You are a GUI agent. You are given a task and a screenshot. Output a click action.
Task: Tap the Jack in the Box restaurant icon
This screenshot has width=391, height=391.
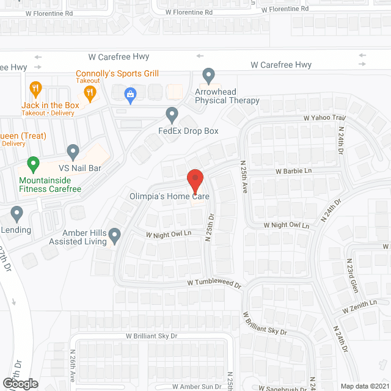click(x=35, y=89)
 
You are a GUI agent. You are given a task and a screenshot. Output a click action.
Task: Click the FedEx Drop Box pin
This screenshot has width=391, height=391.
click(x=172, y=114)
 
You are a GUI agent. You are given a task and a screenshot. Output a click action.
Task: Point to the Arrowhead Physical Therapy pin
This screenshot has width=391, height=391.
click(x=209, y=76)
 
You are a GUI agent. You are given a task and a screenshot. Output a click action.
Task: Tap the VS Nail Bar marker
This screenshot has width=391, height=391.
click(x=73, y=151)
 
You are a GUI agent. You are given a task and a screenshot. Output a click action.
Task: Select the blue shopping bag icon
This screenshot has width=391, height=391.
click(x=130, y=94)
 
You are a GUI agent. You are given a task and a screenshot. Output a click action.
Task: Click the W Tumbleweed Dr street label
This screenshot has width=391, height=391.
click(x=214, y=283)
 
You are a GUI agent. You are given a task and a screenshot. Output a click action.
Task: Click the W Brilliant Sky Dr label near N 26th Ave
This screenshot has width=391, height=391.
click(x=152, y=336)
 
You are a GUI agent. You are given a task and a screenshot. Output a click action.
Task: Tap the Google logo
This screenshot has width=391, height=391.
click(x=20, y=384)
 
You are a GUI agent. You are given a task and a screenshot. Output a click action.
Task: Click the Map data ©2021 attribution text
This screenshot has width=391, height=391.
click(x=364, y=386)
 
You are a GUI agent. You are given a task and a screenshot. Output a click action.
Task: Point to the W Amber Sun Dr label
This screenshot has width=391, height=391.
click(x=196, y=387)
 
